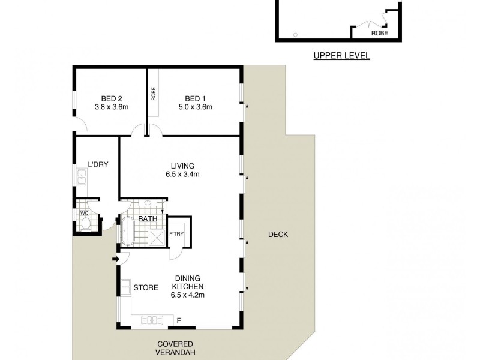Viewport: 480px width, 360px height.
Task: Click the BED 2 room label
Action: click(x=108, y=99)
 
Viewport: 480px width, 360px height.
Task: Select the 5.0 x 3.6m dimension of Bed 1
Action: click(x=199, y=107)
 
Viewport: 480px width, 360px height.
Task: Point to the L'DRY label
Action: click(x=97, y=164)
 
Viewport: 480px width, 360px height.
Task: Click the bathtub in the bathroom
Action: click(x=128, y=231)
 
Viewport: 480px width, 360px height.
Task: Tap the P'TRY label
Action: click(x=176, y=234)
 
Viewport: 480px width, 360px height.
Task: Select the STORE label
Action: click(x=146, y=287)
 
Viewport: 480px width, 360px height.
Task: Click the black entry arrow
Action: click(x=115, y=259)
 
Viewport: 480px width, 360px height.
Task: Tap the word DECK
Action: click(x=278, y=235)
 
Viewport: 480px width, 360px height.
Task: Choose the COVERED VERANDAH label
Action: click(x=176, y=349)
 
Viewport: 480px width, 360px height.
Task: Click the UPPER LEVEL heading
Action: click(x=341, y=56)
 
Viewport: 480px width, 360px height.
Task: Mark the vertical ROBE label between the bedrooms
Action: click(x=154, y=94)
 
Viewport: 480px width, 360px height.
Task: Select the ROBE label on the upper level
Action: click(x=379, y=34)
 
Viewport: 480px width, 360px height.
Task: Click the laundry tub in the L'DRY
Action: click(x=82, y=176)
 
